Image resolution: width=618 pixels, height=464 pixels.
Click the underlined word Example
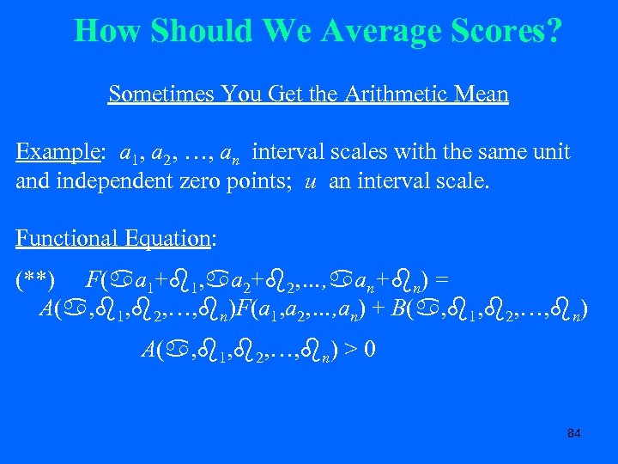[57, 152]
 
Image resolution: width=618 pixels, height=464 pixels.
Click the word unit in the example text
[553, 152]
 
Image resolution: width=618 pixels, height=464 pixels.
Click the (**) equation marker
[35, 279]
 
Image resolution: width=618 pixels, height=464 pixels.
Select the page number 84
[574, 433]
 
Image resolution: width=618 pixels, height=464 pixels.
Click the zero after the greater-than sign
[367, 350]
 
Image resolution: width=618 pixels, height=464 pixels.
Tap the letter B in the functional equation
[398, 308]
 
